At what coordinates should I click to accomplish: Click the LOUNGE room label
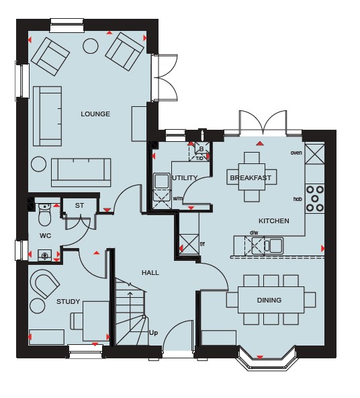point(95,114)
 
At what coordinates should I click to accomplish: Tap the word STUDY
point(69,302)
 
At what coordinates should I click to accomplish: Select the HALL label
point(150,272)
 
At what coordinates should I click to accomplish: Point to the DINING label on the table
point(269,300)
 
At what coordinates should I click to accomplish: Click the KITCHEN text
point(274,221)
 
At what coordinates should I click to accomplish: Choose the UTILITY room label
point(185,177)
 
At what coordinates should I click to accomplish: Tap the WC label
point(46,236)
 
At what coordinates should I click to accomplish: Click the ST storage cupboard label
point(79,205)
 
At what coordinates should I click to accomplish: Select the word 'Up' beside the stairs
point(153,333)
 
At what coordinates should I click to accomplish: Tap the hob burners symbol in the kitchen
point(314,198)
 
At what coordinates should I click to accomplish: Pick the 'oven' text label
point(296,153)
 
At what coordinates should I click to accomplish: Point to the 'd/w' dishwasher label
point(254,233)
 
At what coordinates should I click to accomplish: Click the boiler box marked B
point(201,149)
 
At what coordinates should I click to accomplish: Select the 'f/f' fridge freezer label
point(202,244)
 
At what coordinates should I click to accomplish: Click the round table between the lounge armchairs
point(91,46)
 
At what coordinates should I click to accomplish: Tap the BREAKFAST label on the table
point(251,178)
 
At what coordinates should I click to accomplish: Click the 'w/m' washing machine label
point(178,198)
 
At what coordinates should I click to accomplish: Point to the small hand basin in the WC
point(44,255)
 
